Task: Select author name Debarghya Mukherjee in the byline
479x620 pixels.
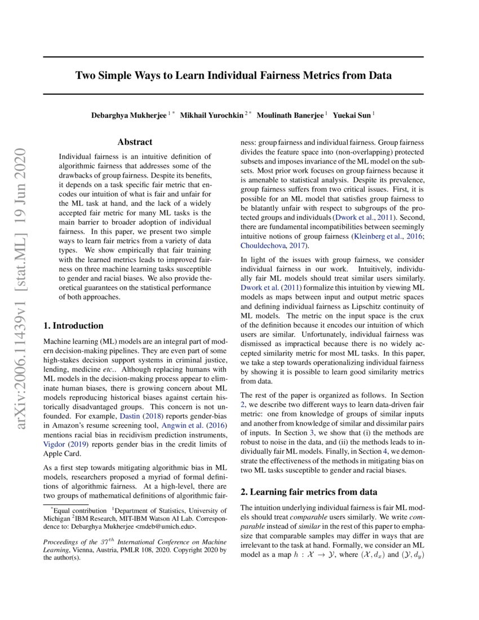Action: click(x=128, y=116)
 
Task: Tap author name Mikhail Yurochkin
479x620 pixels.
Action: click(x=212, y=116)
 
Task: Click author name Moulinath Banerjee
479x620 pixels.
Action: click(x=290, y=116)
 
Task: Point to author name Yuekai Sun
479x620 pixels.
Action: click(x=352, y=116)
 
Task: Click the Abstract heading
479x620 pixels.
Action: click(x=135, y=143)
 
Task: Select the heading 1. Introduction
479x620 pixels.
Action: click(x=73, y=325)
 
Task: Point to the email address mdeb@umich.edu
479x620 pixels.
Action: click(x=166, y=527)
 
